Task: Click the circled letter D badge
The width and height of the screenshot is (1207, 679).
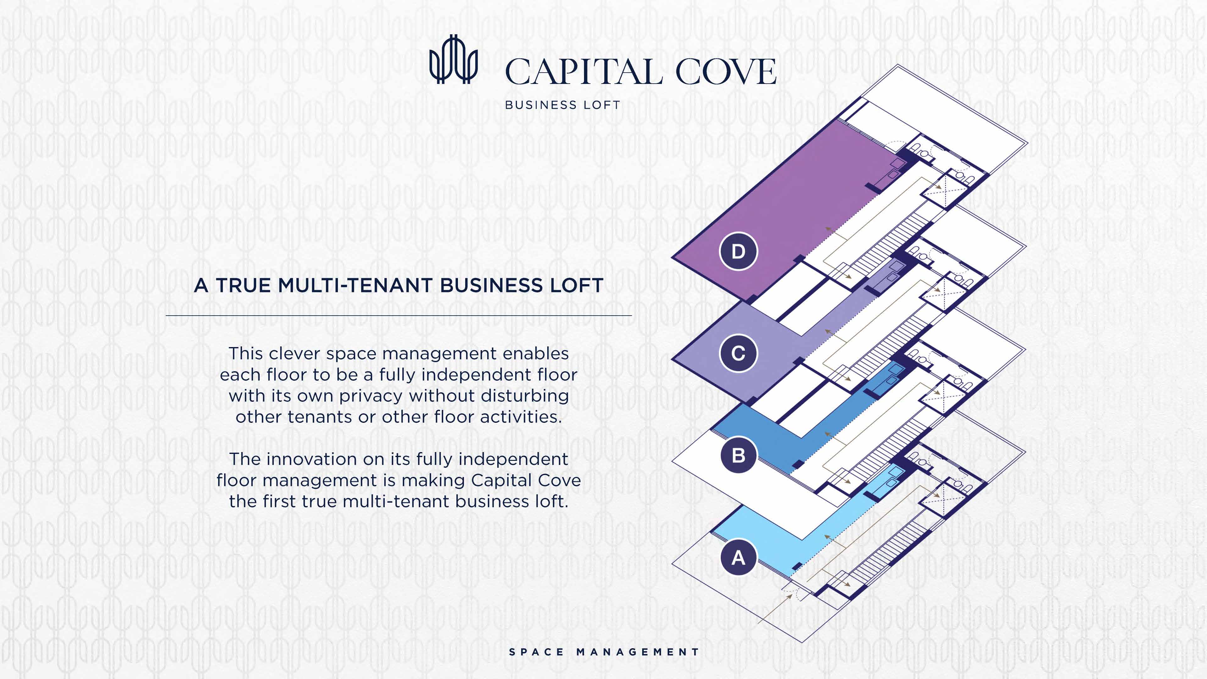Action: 738,251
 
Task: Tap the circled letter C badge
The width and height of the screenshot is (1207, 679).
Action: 738,353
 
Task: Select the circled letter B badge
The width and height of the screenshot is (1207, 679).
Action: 738,455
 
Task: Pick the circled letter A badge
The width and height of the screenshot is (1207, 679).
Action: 738,558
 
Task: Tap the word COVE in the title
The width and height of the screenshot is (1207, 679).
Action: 725,72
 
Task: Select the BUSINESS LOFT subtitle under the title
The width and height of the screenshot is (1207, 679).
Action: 562,105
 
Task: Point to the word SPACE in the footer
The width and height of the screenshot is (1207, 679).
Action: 537,652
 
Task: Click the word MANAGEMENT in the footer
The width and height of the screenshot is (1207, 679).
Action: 638,652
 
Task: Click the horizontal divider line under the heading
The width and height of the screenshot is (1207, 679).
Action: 398,316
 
